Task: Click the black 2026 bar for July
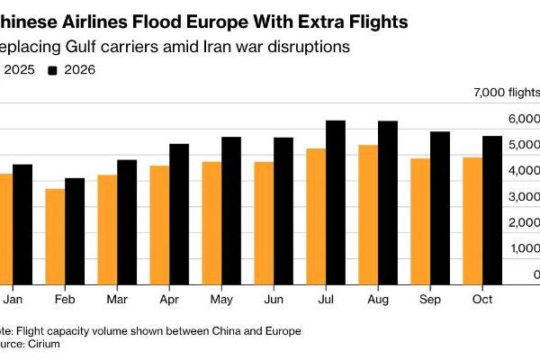(x=336, y=201)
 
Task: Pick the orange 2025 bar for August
(x=367, y=212)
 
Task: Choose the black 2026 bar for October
(x=492, y=208)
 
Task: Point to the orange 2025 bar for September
(x=419, y=220)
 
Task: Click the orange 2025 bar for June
(x=264, y=221)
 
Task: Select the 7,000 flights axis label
(x=506, y=93)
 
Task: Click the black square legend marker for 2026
(x=53, y=69)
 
